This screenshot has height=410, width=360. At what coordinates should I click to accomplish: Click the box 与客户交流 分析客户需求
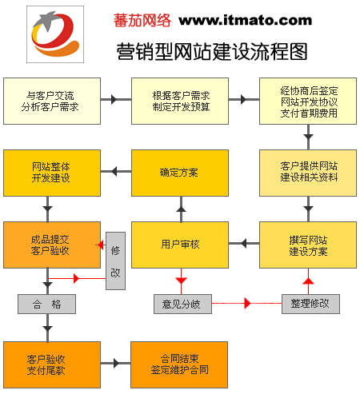pyautogui.click(x=52, y=101)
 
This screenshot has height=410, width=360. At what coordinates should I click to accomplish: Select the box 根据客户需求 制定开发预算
pyautogui.click(x=180, y=101)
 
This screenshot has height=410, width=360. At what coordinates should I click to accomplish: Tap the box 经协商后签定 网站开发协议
pyautogui.click(x=308, y=101)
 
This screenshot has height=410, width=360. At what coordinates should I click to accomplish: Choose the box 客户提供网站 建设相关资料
pyautogui.click(x=308, y=172)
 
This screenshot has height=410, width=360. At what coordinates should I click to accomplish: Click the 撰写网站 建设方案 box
pyautogui.click(x=308, y=245)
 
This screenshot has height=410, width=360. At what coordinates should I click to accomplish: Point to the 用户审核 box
pyautogui.click(x=180, y=245)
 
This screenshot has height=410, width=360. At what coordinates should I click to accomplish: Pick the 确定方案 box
pyautogui.click(x=180, y=172)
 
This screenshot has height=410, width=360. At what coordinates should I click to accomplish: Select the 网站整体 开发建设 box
pyautogui.click(x=52, y=172)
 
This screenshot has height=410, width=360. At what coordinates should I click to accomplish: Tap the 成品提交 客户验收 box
pyautogui.click(x=52, y=245)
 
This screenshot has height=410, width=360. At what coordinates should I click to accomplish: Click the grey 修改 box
pyautogui.click(x=116, y=261)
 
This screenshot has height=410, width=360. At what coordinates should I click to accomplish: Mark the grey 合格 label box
pyautogui.click(x=46, y=304)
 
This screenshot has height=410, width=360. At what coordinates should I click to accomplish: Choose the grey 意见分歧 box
pyautogui.click(x=181, y=304)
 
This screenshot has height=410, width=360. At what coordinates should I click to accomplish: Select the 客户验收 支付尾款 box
pyautogui.click(x=52, y=364)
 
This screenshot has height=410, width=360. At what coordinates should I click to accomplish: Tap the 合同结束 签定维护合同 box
pyautogui.click(x=180, y=364)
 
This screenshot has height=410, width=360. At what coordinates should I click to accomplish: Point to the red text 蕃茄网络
pyautogui.click(x=143, y=19)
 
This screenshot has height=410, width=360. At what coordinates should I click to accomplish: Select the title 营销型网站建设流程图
pyautogui.click(x=212, y=52)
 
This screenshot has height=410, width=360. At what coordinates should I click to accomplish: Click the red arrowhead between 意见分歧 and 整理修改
pyautogui.click(x=247, y=304)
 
